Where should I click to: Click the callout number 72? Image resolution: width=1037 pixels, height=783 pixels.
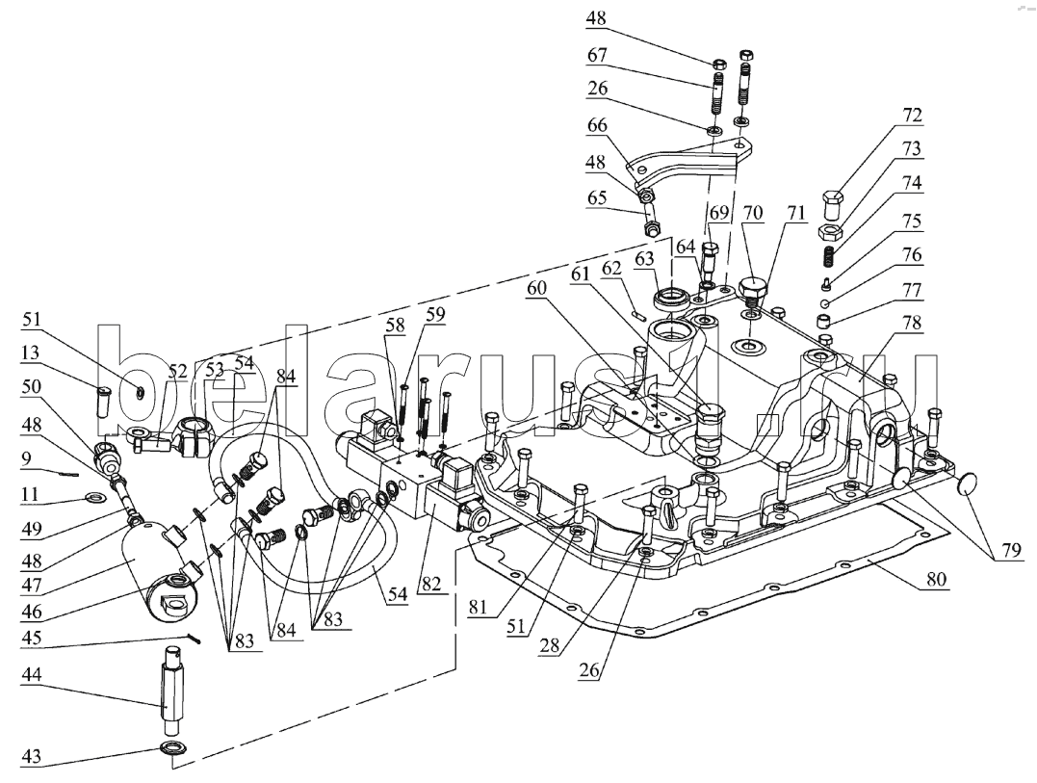pos(911,116)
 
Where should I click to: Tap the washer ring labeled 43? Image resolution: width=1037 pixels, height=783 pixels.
pos(172,749)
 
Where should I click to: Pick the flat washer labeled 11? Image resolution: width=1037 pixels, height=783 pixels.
pos(94,497)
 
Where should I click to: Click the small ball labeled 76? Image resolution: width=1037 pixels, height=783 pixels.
pos(826,303)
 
